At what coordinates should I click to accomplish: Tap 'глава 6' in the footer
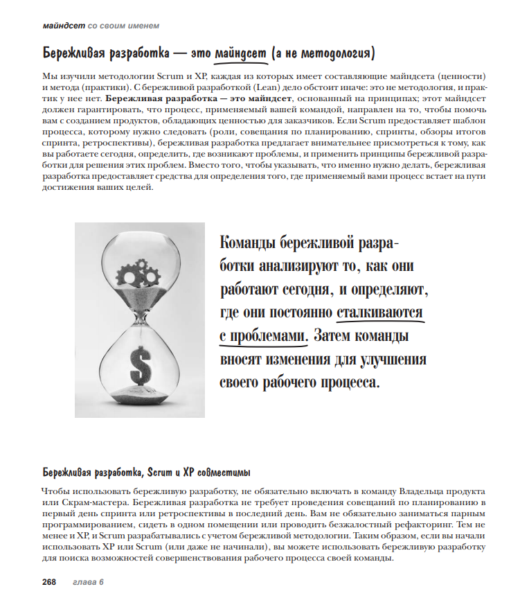[88, 581]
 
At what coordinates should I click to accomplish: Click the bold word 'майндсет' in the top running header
[64, 26]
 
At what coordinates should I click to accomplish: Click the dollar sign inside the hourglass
[141, 362]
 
